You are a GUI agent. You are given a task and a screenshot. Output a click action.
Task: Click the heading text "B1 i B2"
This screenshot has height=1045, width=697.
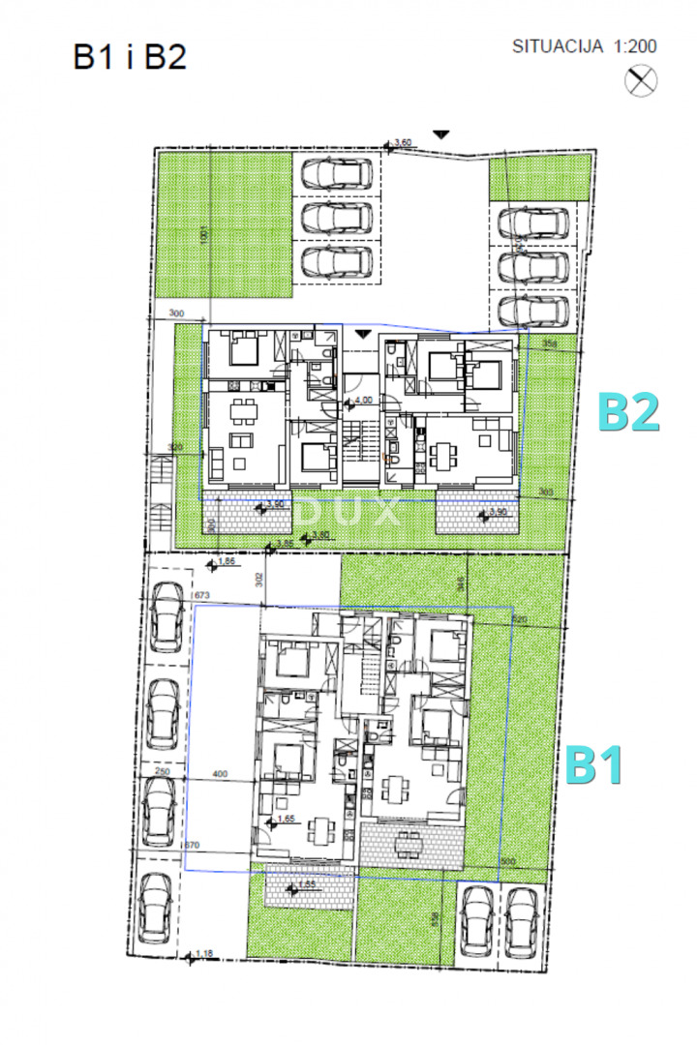pos(129,57)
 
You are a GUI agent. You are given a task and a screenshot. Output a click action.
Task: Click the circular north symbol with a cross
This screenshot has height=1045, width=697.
pos(641,81)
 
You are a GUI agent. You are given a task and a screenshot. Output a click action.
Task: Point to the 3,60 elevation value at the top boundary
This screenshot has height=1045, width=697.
pos(404,143)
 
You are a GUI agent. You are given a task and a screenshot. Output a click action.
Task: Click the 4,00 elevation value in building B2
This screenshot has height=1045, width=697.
pos(362,399)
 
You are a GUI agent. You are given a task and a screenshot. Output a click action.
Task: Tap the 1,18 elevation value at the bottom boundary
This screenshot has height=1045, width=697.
pos(203,955)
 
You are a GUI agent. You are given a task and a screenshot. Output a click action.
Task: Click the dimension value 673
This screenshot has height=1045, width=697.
pos(201,595)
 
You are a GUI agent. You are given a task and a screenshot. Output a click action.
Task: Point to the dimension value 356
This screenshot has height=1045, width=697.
pos(549,344)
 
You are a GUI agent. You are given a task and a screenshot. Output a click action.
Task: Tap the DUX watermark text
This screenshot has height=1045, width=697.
pos(348,510)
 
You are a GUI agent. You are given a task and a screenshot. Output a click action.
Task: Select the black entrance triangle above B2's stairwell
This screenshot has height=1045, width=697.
pos(363,334)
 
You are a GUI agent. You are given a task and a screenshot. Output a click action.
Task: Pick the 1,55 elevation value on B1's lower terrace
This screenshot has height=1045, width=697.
pos(307,884)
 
